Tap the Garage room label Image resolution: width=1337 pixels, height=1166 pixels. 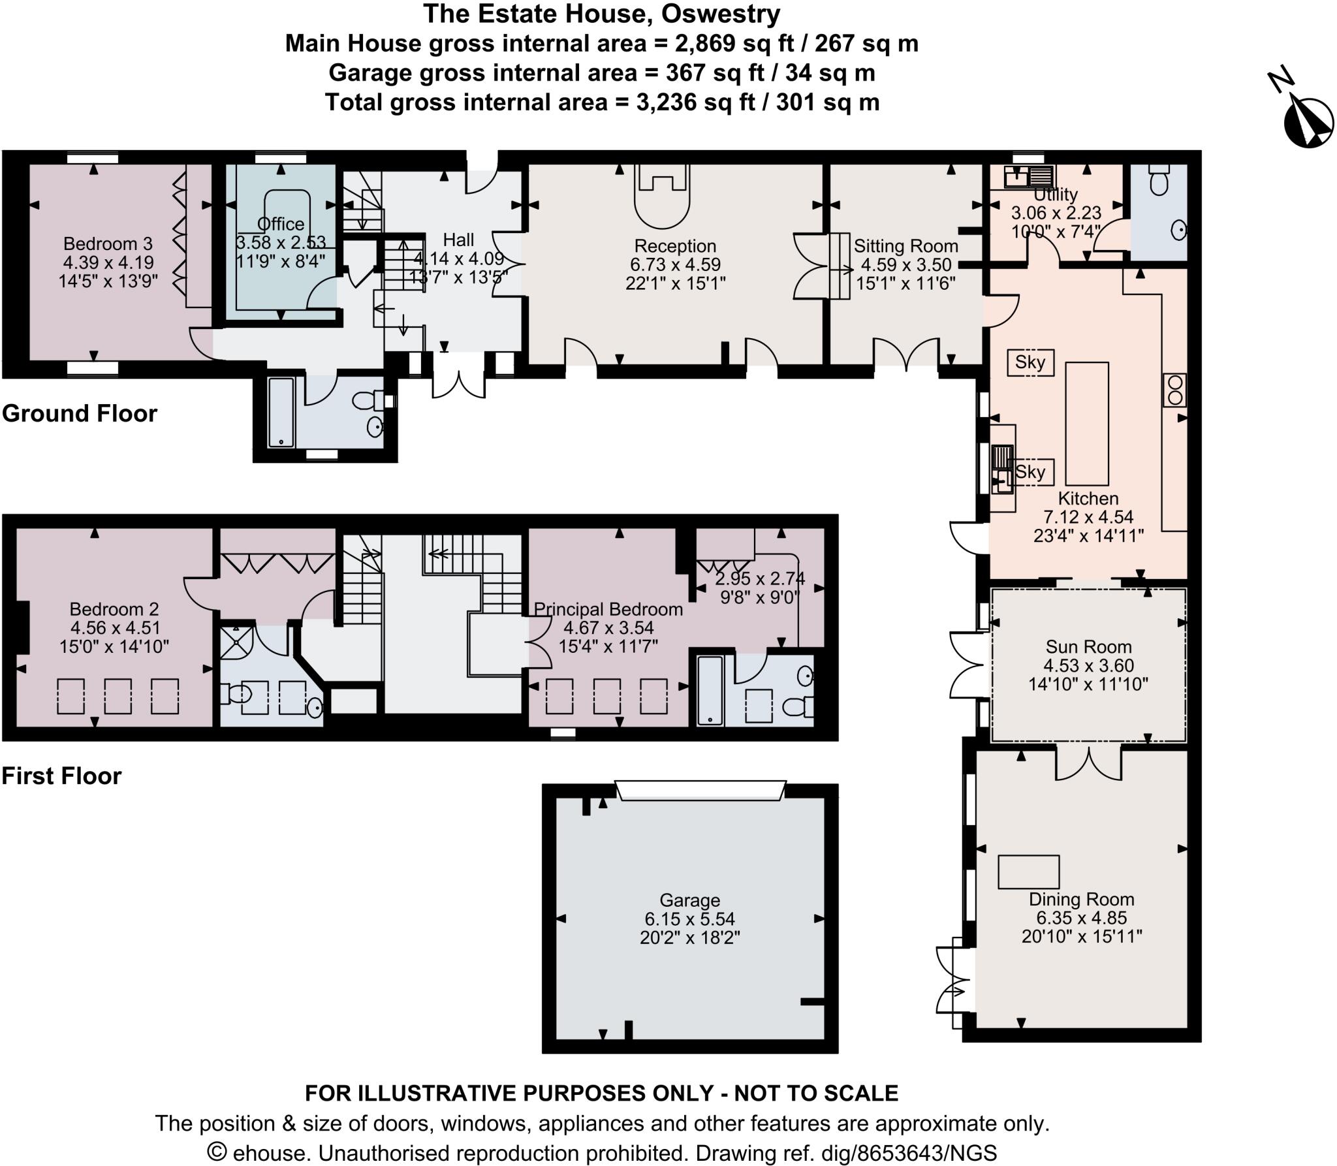tap(689, 901)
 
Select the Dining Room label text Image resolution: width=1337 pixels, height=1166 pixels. tap(1082, 899)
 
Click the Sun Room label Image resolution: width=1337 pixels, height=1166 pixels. tap(1088, 647)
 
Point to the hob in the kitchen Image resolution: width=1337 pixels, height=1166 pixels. tap(1174, 390)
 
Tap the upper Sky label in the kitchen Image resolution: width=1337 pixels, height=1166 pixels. tap(1030, 362)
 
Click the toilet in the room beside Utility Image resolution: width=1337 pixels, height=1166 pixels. tap(1159, 180)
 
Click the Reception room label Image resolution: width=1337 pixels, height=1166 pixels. tap(675, 246)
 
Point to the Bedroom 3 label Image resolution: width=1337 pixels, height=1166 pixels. tap(108, 244)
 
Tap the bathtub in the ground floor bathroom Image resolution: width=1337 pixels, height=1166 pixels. tap(281, 412)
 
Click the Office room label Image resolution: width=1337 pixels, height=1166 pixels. tap(281, 224)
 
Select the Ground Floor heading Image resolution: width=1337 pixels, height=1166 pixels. tap(80, 413)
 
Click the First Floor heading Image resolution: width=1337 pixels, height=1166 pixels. tap(62, 776)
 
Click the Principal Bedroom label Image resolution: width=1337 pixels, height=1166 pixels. tap(608, 609)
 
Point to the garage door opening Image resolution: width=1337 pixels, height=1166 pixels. tap(700, 790)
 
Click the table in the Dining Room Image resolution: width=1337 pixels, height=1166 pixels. tap(1028, 872)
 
